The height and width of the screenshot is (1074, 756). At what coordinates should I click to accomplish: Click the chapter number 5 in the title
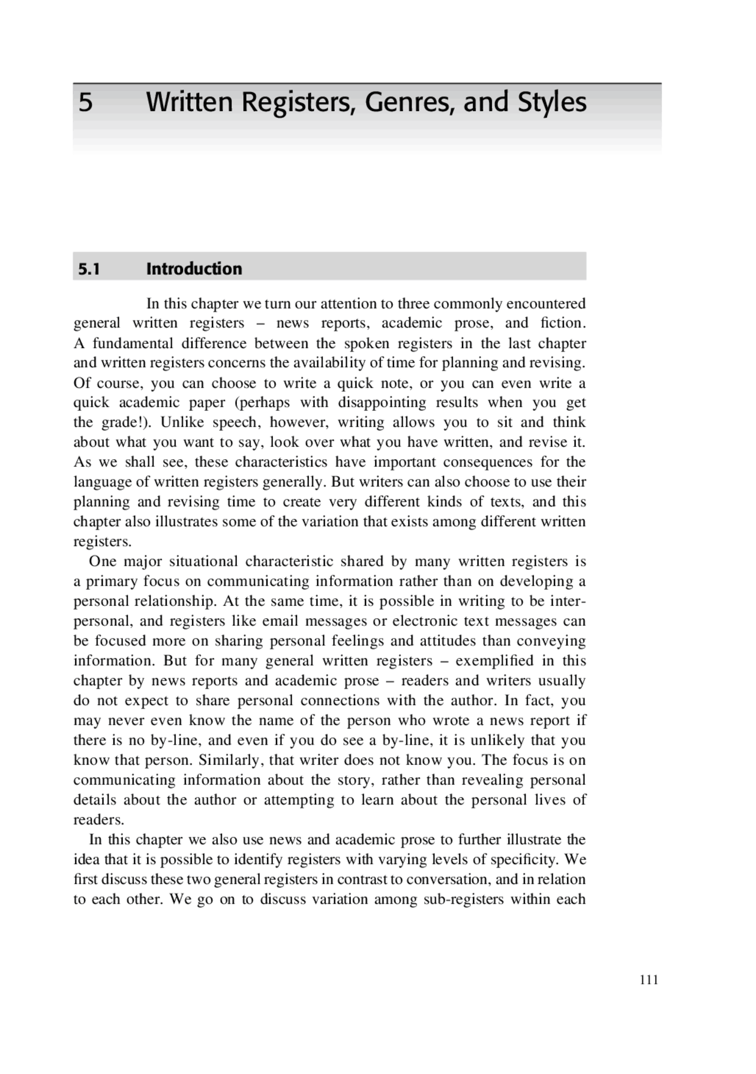click(x=86, y=103)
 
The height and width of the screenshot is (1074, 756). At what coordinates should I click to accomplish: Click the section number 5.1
click(x=89, y=270)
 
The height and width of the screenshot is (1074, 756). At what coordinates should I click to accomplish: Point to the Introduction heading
click(x=194, y=269)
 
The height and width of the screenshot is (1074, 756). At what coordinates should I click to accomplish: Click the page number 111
click(x=649, y=980)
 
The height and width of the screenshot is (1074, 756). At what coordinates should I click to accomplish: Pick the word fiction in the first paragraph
click(x=561, y=323)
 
